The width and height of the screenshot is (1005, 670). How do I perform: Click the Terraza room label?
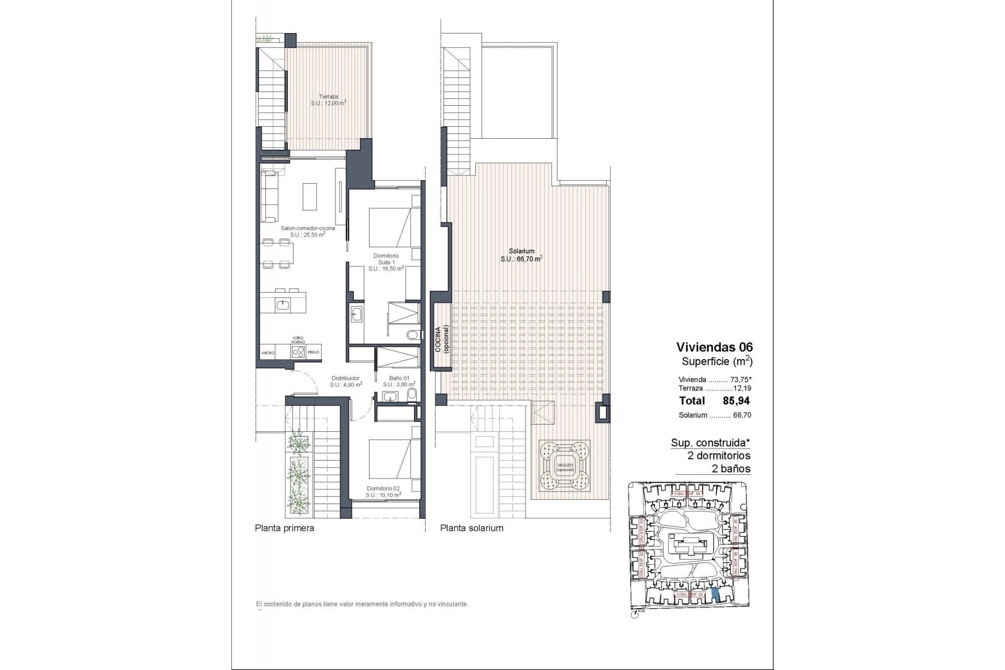click(328, 100)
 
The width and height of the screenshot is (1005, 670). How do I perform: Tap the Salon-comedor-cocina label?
click(307, 231)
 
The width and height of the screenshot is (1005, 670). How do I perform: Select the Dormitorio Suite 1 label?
click(386, 262)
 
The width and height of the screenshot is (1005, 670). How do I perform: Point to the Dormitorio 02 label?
click(384, 492)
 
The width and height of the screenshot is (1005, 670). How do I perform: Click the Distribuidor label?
click(345, 381)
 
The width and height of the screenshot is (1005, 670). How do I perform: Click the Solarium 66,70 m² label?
click(521, 255)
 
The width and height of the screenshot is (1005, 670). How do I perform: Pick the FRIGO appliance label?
click(314, 353)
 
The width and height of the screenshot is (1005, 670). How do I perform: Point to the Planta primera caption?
click(284, 528)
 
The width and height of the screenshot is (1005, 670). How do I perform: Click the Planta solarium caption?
click(472, 528)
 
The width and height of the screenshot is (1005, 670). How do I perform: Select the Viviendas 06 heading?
click(714, 347)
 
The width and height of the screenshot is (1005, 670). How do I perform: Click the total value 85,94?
click(736, 401)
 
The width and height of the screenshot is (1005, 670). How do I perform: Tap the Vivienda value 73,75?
click(738, 379)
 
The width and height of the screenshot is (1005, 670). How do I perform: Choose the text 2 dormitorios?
click(719, 455)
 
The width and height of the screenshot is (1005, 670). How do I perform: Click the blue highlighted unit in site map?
click(716, 595)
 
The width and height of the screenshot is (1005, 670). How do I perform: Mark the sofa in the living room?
click(270, 197)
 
